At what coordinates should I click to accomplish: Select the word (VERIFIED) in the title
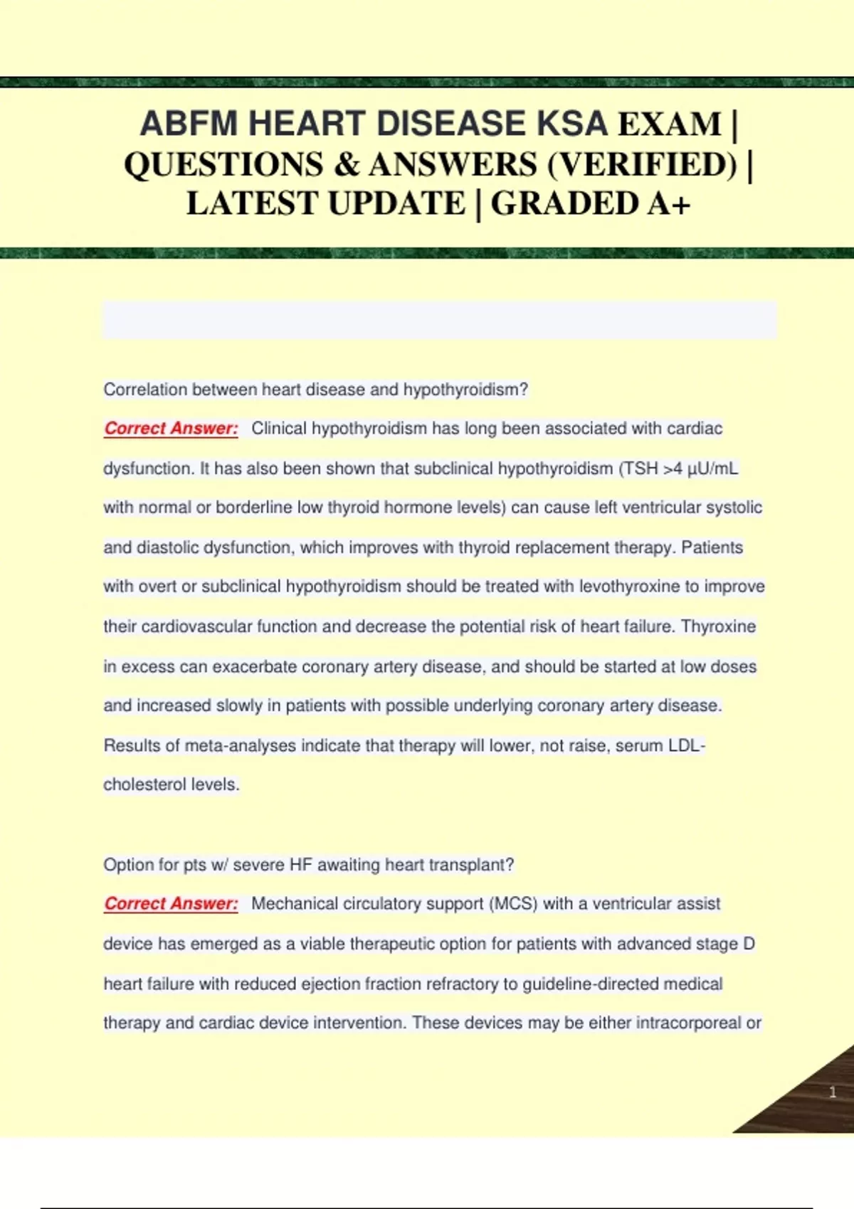click(x=643, y=164)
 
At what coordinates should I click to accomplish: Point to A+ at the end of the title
click(x=668, y=203)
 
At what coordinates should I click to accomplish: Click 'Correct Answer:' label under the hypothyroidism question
click(x=171, y=428)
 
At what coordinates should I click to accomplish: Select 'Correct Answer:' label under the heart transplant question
click(x=171, y=903)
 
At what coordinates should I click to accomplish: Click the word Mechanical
click(x=292, y=903)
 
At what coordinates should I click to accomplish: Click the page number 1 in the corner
click(x=833, y=1092)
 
